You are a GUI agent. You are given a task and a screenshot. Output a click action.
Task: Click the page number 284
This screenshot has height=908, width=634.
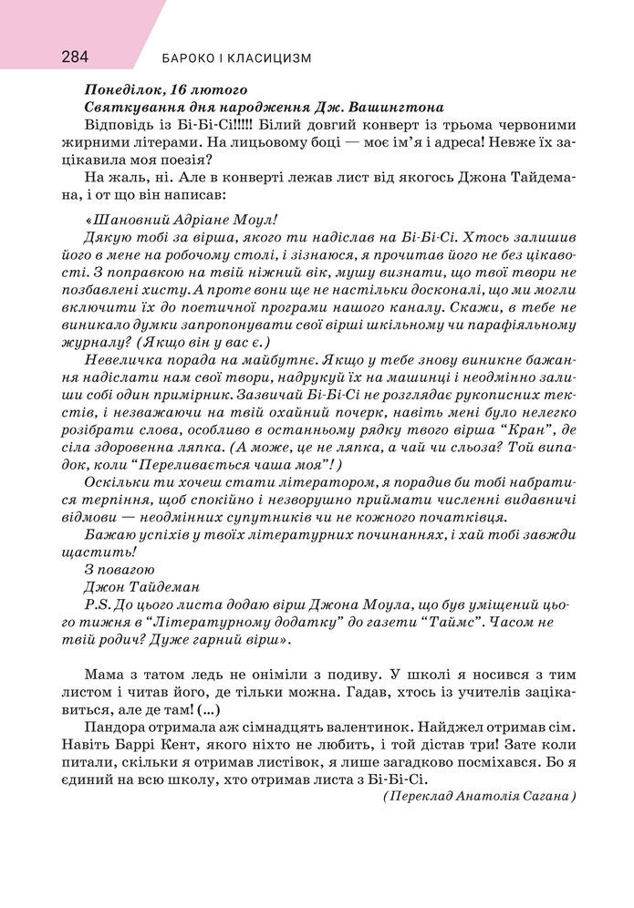75,57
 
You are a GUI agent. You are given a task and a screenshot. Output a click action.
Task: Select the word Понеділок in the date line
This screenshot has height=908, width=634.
117,90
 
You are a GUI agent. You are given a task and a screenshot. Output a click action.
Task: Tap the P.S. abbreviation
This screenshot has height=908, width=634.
95,604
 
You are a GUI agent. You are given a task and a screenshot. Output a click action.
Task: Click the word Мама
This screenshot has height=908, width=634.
102,674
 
